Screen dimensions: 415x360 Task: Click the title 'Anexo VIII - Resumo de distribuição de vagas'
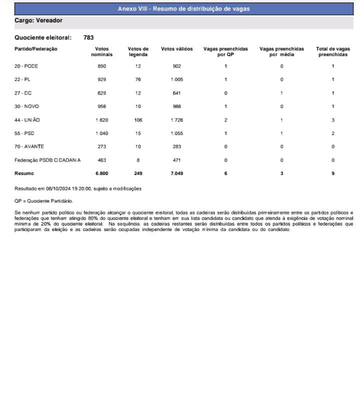coord(183,9)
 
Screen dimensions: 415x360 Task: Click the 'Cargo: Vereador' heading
coord(38,21)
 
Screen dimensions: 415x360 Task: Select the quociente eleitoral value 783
coord(88,37)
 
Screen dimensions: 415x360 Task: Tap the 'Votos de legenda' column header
coord(138,51)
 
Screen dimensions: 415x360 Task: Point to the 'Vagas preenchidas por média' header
coord(281,51)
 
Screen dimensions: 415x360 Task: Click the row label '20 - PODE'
coord(26,66)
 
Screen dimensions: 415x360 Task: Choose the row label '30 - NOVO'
coord(27,106)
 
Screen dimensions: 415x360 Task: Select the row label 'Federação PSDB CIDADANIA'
coord(47,160)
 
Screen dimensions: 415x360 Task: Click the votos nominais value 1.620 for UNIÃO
coord(101,120)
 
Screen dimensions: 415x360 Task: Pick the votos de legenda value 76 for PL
coord(138,79)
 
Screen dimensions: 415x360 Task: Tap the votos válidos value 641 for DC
coord(176,93)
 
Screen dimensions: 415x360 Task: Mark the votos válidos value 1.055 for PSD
coord(176,133)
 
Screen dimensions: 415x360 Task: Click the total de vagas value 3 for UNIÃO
coord(332,120)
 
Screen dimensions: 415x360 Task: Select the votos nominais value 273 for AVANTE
coord(101,146)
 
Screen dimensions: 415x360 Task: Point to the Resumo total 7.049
coord(176,173)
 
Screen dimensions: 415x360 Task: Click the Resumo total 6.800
coord(101,173)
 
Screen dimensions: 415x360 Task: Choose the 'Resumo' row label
coord(24,173)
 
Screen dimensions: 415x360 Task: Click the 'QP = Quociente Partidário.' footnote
coord(43,200)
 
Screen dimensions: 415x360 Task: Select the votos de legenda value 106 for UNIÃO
coord(138,120)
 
